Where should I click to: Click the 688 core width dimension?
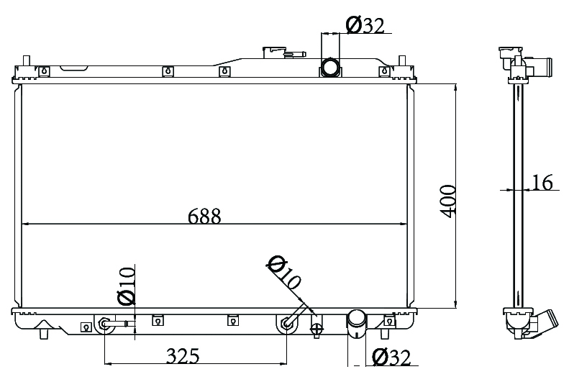pyautogui.click(x=204, y=217)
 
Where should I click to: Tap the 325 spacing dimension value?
pyautogui.click(x=183, y=356)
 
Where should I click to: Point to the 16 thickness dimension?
pyautogui.click(x=542, y=182)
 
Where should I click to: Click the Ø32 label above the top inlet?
pyautogui.click(x=365, y=25)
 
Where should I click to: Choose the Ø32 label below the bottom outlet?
pyautogui.click(x=391, y=358)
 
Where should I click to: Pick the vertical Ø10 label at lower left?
pyautogui.click(x=127, y=286)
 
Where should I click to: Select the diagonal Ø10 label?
pyautogui.click(x=284, y=272)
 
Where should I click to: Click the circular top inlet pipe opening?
pyautogui.click(x=330, y=67)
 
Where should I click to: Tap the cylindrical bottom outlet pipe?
pyautogui.click(x=357, y=324)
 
